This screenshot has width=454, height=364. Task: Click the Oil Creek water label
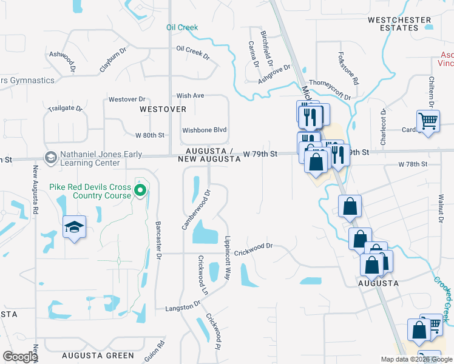182,27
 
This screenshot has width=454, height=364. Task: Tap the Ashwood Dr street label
62,59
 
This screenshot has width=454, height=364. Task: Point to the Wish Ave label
190,96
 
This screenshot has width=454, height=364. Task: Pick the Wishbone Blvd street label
204,130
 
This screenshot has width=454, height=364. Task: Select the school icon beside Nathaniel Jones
51,157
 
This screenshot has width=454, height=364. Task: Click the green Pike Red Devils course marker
140,192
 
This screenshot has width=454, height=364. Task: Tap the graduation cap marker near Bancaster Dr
74,227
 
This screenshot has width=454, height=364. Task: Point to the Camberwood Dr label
195,210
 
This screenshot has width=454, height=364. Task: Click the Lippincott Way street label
228,257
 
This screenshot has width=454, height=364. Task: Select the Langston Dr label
183,306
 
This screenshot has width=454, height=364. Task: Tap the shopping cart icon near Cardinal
428,120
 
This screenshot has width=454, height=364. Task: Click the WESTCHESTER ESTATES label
399,24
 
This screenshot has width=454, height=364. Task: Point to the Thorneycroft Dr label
330,89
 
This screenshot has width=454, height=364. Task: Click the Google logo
20,357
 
